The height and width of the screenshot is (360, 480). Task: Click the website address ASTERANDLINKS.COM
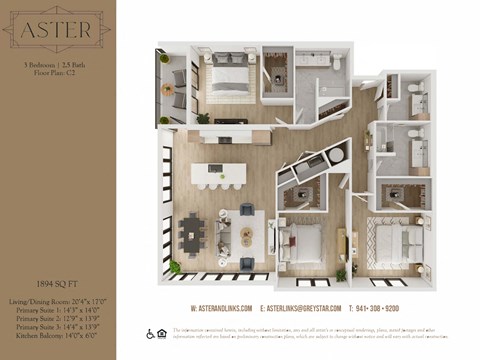point(220,308)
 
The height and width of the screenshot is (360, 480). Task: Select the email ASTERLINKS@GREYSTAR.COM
point(300,308)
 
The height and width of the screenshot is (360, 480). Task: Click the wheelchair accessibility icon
point(150,333)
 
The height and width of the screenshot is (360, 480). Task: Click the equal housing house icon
point(163,333)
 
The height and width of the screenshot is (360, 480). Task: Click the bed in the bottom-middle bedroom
point(300,240)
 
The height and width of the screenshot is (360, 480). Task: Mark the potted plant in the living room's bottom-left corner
point(175,266)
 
